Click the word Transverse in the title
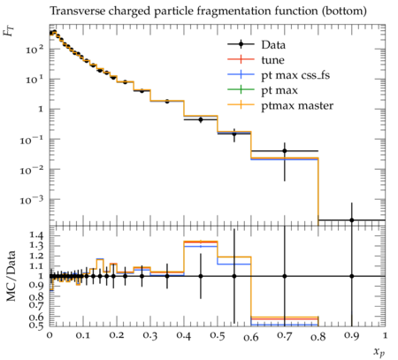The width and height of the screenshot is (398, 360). (77, 11)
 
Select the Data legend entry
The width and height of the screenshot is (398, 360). (256, 45)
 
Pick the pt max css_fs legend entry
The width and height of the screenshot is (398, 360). (279, 75)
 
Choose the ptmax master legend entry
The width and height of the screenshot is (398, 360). (280, 105)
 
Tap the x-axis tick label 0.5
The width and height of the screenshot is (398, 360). (218, 336)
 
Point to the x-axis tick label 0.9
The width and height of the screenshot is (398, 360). (351, 336)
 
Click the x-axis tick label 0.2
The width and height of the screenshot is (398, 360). (117, 336)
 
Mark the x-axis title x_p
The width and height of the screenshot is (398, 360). (379, 352)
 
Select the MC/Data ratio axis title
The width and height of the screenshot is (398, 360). (11, 276)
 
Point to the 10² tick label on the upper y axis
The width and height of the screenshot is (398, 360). (34, 49)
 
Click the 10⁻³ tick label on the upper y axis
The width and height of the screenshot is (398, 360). (32, 200)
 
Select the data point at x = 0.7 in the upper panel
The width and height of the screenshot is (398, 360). (285, 151)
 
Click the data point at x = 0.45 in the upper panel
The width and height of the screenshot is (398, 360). (201, 119)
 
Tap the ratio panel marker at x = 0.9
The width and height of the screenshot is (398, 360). (351, 276)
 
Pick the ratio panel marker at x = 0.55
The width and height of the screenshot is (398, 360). (234, 276)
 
